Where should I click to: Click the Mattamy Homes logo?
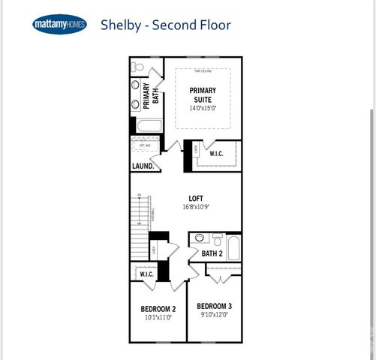coord(59,25)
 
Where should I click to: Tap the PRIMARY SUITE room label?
coord(203,94)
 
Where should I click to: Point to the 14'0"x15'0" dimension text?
coord(203,107)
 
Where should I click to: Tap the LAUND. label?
coord(143,166)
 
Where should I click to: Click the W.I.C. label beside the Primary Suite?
coord(216,154)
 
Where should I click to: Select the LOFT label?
coord(196,198)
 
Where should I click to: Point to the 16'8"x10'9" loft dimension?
coord(196,207)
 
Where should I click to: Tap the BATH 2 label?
coord(212,253)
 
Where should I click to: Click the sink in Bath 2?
coord(199,238)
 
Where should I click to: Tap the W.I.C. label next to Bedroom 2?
coord(146,274)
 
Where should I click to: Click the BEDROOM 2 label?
coord(158,309)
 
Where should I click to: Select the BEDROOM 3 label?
coord(215,306)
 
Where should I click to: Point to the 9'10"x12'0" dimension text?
coord(215,315)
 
